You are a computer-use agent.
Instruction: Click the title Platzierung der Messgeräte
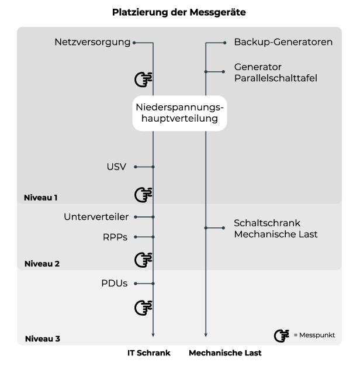coord(179,12)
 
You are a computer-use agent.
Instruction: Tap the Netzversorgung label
coord(92,42)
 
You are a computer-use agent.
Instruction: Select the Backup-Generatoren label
coord(283,42)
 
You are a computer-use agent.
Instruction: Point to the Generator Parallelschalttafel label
coord(275,72)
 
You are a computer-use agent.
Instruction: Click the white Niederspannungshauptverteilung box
coord(179,113)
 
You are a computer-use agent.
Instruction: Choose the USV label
coord(116,167)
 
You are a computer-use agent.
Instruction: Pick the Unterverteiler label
coord(96,217)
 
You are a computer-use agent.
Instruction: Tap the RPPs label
coord(115,237)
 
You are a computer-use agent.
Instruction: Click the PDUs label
coord(115,284)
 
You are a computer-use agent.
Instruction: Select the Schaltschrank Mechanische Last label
coord(276,229)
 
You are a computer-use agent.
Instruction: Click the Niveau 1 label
coord(40,198)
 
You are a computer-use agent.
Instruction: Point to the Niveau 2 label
coord(42,264)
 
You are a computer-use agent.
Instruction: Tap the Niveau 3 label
coord(43,339)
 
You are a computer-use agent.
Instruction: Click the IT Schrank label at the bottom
coord(149,353)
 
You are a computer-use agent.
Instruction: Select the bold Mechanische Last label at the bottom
coord(225,353)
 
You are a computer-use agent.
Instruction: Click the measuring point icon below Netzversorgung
coord(143,80)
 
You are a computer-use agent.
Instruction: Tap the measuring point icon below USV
coord(143,195)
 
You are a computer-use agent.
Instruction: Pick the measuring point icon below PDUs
coord(143,308)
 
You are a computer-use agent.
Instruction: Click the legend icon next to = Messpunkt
coord(281,336)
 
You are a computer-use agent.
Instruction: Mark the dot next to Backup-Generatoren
coord(224,43)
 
